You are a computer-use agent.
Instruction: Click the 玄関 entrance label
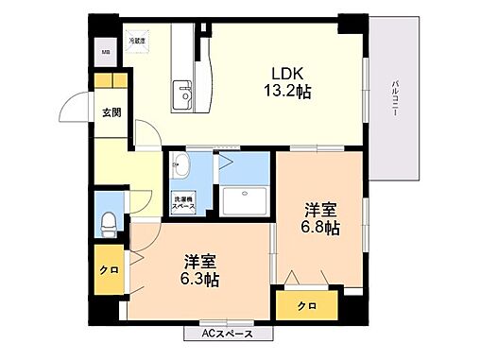tap(111, 112)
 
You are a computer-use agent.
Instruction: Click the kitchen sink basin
tap(183, 95)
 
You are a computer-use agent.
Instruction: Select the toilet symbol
tap(108, 224)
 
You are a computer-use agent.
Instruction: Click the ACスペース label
tap(227, 334)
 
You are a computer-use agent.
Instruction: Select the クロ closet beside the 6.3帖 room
tap(109, 270)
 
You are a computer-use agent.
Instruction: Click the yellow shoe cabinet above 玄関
tap(111, 81)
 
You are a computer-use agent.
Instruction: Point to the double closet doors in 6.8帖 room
tap(306, 276)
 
